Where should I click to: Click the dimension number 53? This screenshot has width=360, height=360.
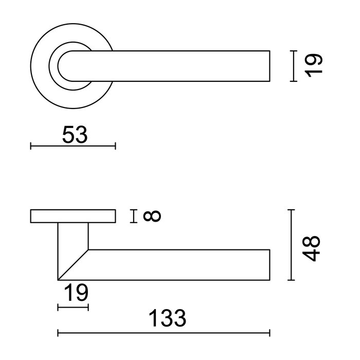(x=75, y=135)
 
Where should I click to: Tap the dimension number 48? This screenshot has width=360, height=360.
(x=312, y=248)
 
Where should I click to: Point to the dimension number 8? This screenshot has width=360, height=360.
(x=153, y=216)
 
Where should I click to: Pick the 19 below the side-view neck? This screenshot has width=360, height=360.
(x=76, y=294)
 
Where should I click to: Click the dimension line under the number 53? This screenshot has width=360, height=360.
(x=73, y=147)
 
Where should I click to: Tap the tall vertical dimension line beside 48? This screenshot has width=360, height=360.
(x=292, y=245)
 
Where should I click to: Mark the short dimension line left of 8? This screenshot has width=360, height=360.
(x=133, y=216)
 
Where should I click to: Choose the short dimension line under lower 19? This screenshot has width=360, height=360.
(x=73, y=308)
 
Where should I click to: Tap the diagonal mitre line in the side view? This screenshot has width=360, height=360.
(x=73, y=265)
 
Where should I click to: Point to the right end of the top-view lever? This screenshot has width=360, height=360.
(x=269, y=66)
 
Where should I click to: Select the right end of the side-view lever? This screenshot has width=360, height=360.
(x=269, y=264)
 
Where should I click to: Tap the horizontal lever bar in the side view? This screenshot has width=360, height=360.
(x=180, y=264)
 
